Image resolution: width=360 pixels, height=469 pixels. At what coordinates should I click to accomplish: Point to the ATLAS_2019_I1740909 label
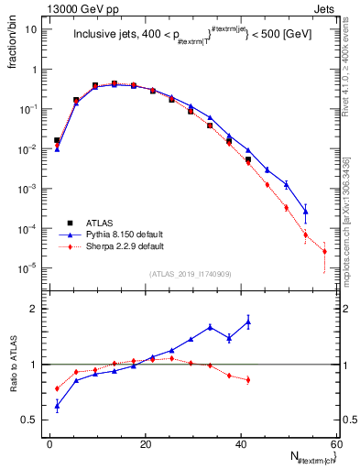(190, 274)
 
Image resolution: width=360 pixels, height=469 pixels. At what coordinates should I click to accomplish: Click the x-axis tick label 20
(146, 444)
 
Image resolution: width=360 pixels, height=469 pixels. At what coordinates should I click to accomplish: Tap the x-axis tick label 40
(241, 444)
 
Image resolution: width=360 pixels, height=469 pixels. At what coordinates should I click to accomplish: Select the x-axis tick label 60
(335, 444)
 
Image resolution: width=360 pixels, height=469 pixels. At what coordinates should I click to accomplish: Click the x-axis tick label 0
(50, 444)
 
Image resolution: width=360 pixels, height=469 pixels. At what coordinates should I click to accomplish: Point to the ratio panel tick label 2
(35, 309)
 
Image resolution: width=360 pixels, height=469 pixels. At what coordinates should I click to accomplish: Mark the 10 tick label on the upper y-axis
(32, 29)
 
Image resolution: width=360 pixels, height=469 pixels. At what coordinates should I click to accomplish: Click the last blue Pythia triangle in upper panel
(305, 211)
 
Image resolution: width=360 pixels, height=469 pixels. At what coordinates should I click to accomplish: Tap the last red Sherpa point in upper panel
(324, 251)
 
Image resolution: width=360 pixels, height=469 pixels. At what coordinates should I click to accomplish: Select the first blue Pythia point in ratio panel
(57, 405)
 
